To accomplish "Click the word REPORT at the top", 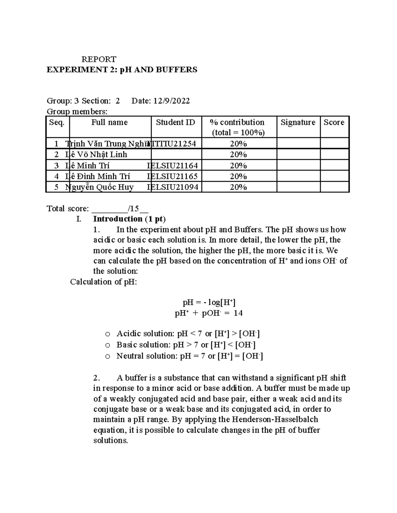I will point(99,59).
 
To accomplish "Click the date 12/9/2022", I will point(171,101).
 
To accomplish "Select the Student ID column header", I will point(175,123).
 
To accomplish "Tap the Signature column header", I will point(298,123).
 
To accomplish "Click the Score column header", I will point(334,123).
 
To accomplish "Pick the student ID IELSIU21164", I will point(173,165).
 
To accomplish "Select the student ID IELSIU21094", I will point(173,187).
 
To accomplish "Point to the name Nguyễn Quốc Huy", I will point(100,187).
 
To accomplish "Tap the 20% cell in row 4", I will point(238,176).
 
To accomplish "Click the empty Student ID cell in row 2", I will point(176,155).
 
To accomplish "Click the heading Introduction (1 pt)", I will point(129,219).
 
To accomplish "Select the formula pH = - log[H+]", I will point(209,302).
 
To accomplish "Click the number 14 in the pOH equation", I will point(238,313).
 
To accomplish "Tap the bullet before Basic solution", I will point(108,346).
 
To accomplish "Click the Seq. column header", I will point(57,123).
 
